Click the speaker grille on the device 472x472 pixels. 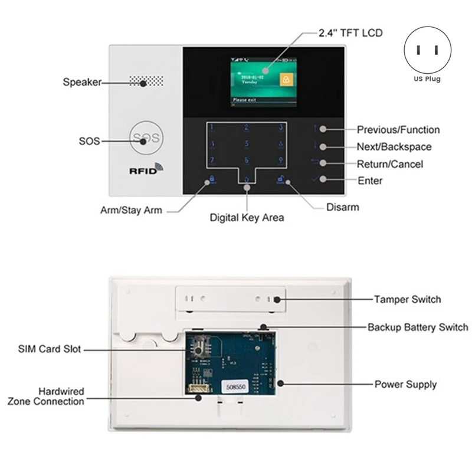[145, 82]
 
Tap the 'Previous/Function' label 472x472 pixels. [398, 130]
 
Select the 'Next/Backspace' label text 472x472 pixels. [394, 147]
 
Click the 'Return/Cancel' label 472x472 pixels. [390, 164]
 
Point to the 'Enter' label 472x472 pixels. [370, 181]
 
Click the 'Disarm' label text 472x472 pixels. [342, 207]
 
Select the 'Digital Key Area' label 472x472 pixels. [247, 218]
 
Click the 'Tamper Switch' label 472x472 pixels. [407, 299]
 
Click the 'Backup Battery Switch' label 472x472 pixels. [418, 327]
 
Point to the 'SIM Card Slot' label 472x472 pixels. [49, 350]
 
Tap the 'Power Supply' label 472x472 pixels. [405, 385]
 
